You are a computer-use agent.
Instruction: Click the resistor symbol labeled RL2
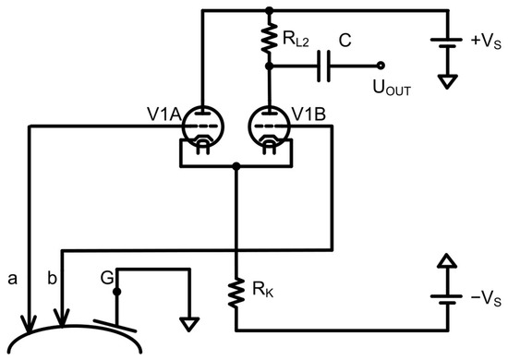tap(269, 40)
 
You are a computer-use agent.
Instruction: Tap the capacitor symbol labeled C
tap(328, 66)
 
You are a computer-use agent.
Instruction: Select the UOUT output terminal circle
tap(381, 66)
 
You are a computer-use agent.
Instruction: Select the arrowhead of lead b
tap(62, 319)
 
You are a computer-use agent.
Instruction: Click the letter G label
tap(107, 275)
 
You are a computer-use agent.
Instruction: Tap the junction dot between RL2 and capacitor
tap(269, 66)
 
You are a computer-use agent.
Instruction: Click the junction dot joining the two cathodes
tap(236, 167)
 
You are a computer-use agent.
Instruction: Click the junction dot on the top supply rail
tap(269, 11)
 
